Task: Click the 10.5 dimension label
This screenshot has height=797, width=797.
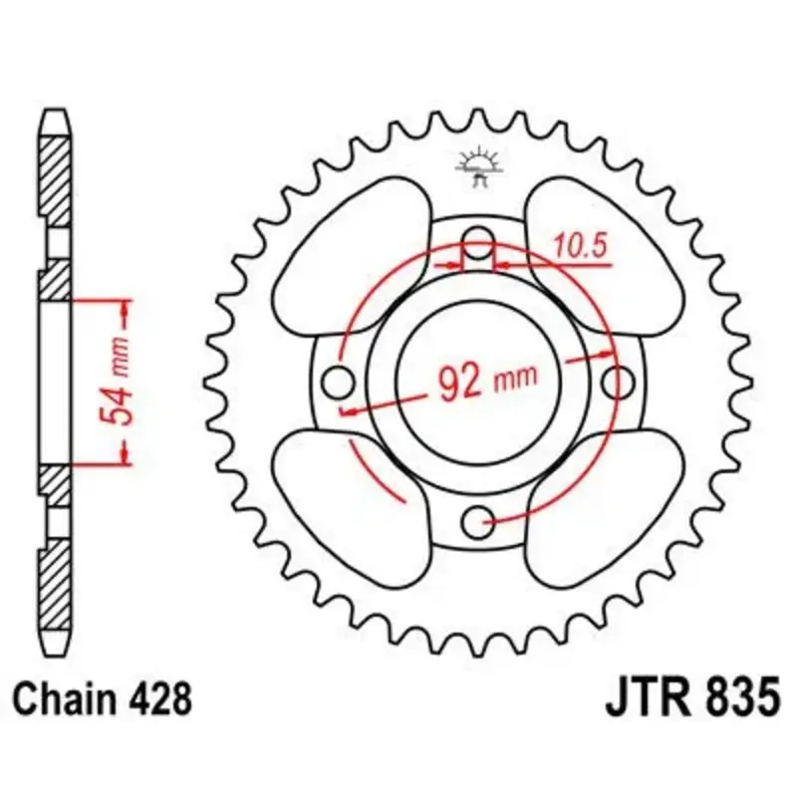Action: (x=580, y=246)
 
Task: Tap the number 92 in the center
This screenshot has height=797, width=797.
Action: (x=460, y=383)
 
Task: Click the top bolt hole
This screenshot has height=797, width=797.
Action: (x=479, y=241)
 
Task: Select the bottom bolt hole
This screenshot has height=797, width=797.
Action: (x=479, y=521)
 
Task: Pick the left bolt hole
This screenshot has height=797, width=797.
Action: (x=339, y=382)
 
